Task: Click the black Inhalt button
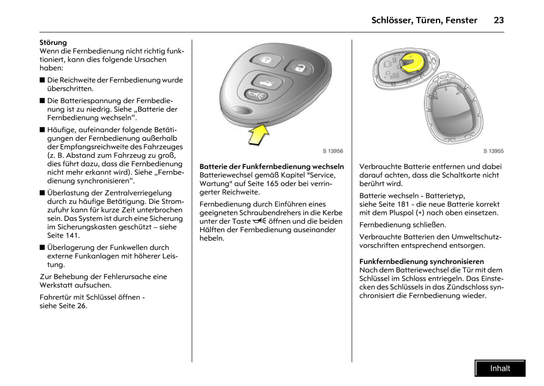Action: (500, 368)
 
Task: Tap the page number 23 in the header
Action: (498, 20)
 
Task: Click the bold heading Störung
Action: (53, 43)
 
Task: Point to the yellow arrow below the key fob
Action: (259, 135)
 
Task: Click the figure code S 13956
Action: (332, 151)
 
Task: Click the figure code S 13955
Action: (493, 151)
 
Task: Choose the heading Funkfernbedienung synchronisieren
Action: (421, 261)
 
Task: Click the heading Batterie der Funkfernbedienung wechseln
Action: (271, 166)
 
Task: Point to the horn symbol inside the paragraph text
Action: (259, 221)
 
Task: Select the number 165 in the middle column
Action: (273, 184)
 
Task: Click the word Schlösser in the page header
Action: (391, 20)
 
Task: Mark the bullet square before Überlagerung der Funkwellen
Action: (42, 248)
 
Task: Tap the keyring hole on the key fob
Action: (242, 109)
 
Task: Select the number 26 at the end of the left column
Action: (81, 306)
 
